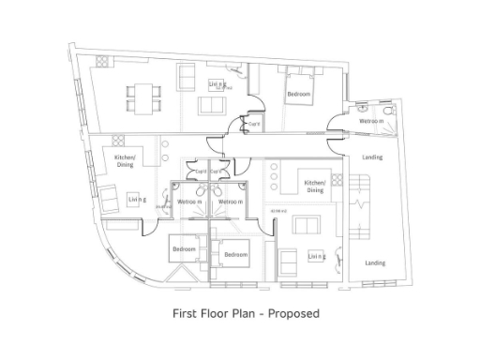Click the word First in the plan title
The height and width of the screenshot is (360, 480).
coord(186,312)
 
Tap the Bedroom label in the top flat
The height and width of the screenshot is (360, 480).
coord(300,95)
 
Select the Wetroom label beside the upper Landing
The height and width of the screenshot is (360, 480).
coord(371,121)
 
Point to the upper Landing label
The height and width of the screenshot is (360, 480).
coord(372,157)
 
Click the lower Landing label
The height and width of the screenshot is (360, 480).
coord(375,263)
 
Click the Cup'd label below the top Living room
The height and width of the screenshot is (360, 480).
coord(253,123)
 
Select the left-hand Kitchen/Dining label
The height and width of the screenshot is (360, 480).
coord(126,160)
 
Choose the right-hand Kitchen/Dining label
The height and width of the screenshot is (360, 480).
coord(315,187)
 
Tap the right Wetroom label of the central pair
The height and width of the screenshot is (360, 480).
coord(231,202)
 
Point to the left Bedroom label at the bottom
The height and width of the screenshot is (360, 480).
coord(184,249)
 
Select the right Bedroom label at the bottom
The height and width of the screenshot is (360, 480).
coord(235,255)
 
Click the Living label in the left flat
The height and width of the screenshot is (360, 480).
coord(137,200)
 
